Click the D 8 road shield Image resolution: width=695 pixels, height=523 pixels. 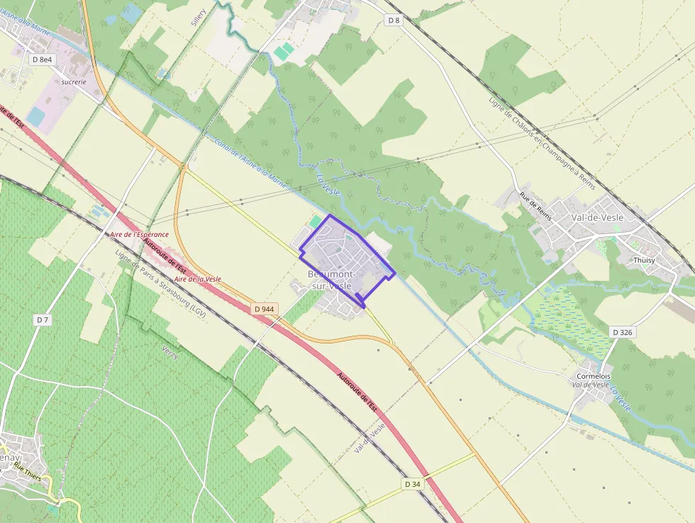[394, 21]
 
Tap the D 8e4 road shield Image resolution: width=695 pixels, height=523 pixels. [43, 60]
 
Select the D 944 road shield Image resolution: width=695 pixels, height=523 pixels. [263, 309]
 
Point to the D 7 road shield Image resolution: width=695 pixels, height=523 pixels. [43, 320]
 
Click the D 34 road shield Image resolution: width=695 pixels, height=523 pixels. [413, 484]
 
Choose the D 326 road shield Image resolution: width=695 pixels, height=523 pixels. [622, 332]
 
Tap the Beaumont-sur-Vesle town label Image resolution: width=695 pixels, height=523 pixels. [331, 280]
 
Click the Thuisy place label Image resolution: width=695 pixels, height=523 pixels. [645, 260]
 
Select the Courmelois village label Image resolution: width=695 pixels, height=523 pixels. [594, 376]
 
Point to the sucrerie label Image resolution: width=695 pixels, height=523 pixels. [74, 82]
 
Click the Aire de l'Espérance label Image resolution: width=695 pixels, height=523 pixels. [139, 234]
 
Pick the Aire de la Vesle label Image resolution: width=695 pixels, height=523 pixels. [197, 279]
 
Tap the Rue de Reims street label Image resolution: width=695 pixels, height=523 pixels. [535, 206]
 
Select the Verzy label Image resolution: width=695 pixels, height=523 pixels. [170, 353]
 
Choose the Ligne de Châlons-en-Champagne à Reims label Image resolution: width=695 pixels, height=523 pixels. [541, 141]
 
